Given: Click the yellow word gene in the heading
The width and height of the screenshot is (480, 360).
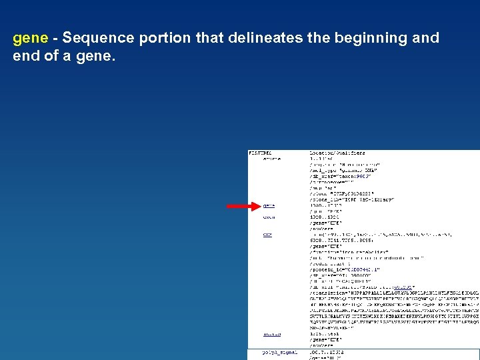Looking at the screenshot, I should click(30, 39).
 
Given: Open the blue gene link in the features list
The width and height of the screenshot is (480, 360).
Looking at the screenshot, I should click(269, 206).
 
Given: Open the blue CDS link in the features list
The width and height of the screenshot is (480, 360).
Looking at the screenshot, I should click(267, 235).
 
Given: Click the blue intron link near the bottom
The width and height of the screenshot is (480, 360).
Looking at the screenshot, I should click(271, 334).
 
